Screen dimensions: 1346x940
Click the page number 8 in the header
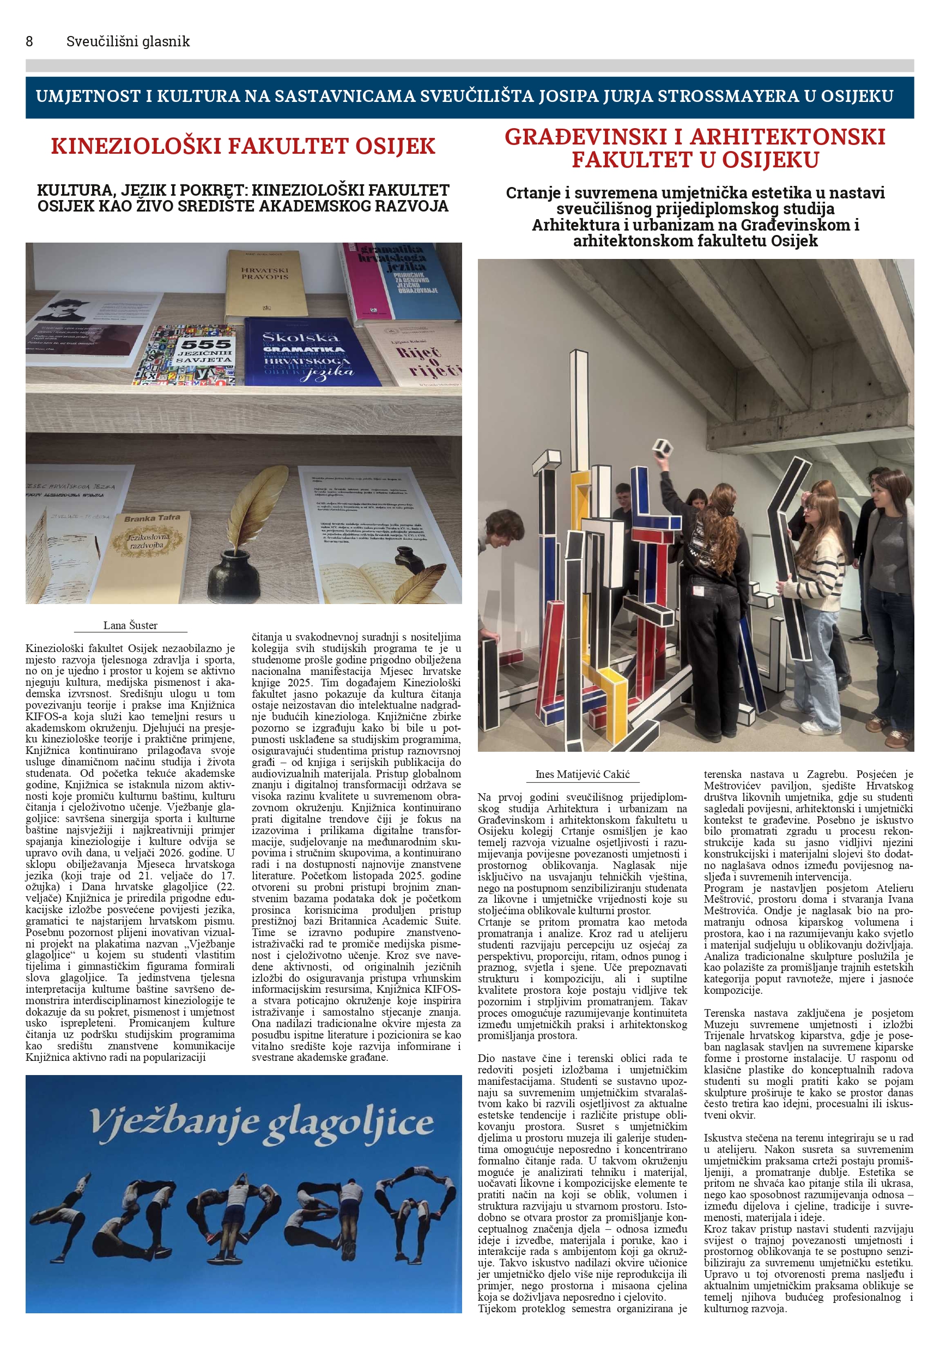click(29, 41)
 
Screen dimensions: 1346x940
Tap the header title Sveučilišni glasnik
click(128, 41)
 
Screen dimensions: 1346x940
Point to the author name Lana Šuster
click(130, 625)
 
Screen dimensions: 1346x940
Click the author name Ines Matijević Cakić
click(582, 774)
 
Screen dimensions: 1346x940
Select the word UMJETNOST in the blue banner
click(88, 96)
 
